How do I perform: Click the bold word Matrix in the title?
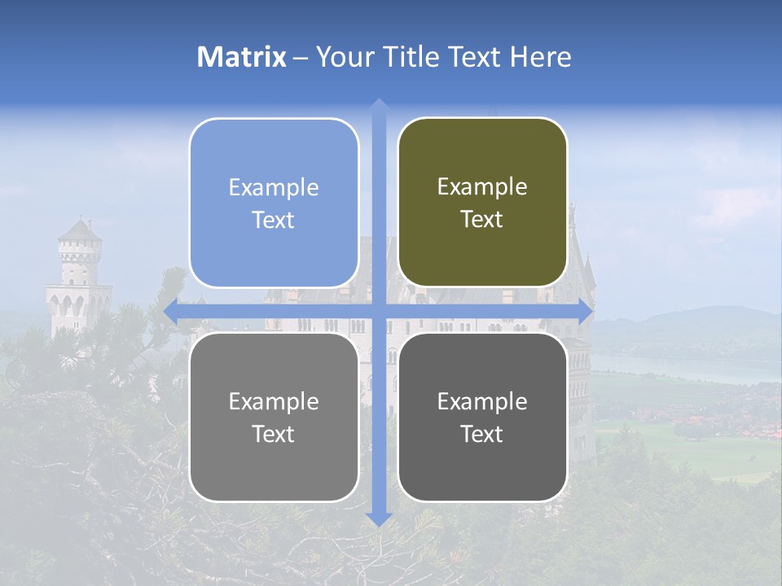(242, 57)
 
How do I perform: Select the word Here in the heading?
(540, 57)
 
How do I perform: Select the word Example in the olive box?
(482, 187)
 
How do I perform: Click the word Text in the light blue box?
(274, 221)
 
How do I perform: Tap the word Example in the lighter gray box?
(274, 401)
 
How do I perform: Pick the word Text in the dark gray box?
(482, 435)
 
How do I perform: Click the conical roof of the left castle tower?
(80, 230)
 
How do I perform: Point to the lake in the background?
(692, 366)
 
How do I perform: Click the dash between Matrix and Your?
(301, 58)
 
